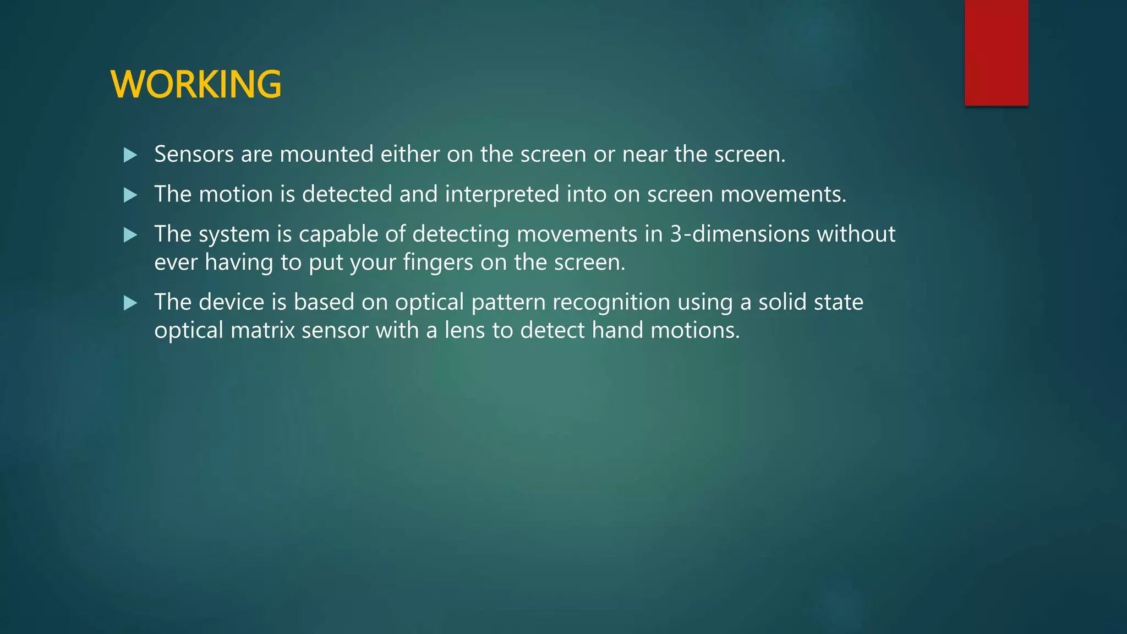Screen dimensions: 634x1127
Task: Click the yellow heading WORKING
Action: [x=196, y=84]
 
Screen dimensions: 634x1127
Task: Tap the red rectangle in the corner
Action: [x=996, y=52]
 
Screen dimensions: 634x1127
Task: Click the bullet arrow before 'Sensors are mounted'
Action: [x=130, y=155]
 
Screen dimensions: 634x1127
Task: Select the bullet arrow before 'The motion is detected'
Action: [x=130, y=195]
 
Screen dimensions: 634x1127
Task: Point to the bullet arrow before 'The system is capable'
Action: [x=130, y=235]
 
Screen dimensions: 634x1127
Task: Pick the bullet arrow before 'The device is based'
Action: [x=130, y=303]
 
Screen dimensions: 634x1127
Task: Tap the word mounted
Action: [x=326, y=154]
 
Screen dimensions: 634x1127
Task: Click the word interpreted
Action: [x=502, y=194]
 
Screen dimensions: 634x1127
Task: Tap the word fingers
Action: [x=437, y=263]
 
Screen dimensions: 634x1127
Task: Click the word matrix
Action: [x=262, y=330]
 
